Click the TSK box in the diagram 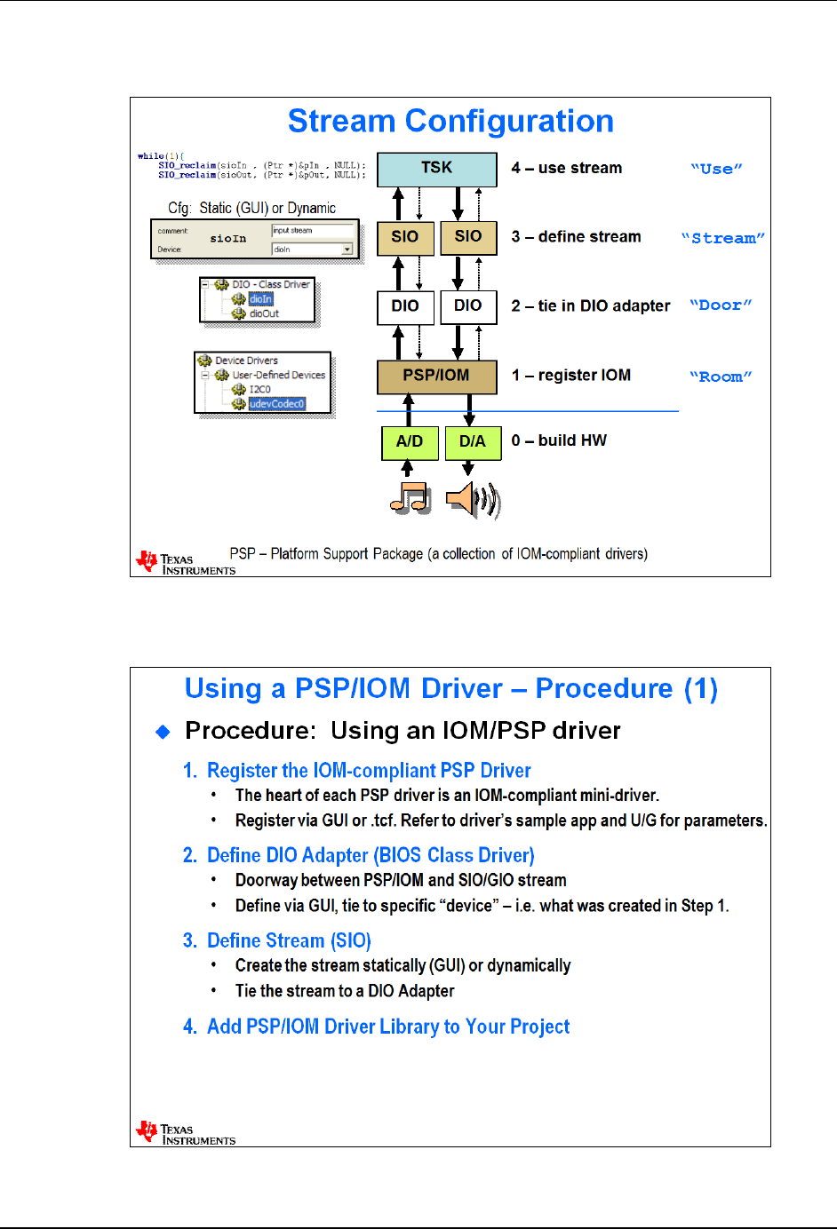[x=436, y=169]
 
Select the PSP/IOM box [x=436, y=376]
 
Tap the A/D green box [x=410, y=441]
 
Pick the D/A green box [x=473, y=441]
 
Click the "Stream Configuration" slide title [x=450, y=122]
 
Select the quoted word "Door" [x=721, y=305]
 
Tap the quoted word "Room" [x=721, y=377]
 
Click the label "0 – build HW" [x=559, y=440]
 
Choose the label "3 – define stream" [x=576, y=237]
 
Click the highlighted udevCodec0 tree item [x=276, y=404]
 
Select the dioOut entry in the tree [x=264, y=313]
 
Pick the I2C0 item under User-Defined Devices [x=259, y=389]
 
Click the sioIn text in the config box [x=228, y=239]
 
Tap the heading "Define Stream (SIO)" [x=289, y=940]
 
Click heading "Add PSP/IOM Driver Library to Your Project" [x=388, y=1027]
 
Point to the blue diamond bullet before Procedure [x=163, y=732]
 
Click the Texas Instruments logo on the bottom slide [x=186, y=1133]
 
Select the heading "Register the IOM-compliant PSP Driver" [x=369, y=771]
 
